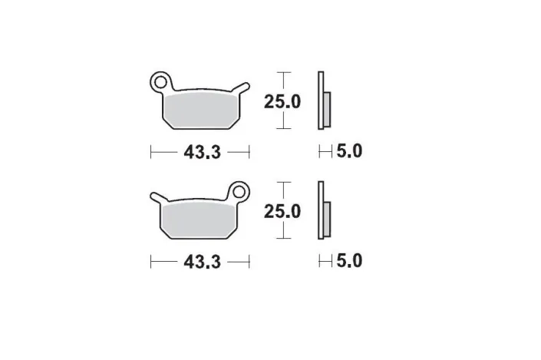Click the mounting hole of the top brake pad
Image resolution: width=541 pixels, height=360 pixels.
(160, 82)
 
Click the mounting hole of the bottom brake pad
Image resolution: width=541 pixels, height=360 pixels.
(239, 192)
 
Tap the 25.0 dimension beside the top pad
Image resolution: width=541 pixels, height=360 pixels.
(282, 102)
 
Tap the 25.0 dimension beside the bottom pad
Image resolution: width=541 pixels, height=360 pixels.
(282, 211)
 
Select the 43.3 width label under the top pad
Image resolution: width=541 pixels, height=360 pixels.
(202, 152)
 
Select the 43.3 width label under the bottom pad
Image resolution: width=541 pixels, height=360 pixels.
(202, 262)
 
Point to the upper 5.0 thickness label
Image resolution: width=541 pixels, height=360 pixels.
(349, 151)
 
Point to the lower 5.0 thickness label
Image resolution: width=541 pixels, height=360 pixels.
(349, 260)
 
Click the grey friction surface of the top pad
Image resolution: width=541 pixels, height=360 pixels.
(202, 110)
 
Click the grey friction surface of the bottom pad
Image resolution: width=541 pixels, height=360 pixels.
(199, 220)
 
